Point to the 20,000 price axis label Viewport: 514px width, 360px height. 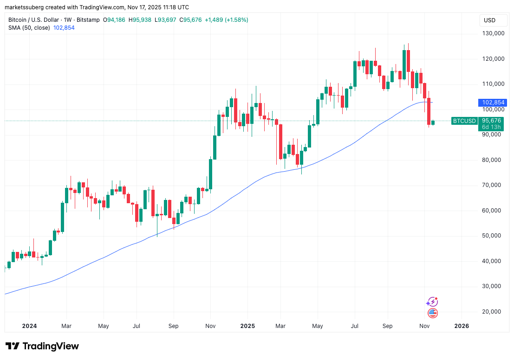(493, 311)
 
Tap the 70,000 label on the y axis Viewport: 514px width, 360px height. (493, 185)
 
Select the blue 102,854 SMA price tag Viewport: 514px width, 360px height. (493, 102)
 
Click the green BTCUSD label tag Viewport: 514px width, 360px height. (464, 121)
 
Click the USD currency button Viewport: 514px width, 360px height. (489, 20)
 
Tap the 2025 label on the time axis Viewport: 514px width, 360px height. (247, 326)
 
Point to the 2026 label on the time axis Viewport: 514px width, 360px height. (462, 326)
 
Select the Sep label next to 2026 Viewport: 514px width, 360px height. (387, 326)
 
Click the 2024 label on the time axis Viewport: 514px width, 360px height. (29, 326)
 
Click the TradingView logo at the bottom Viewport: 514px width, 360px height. (42, 346)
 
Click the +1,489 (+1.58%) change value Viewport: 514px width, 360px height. (227, 20)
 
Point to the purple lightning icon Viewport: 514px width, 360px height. (432, 302)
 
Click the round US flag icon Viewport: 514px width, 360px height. (432, 313)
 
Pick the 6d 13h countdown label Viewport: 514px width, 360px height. (491, 127)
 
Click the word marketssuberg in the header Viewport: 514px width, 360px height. (24, 7)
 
